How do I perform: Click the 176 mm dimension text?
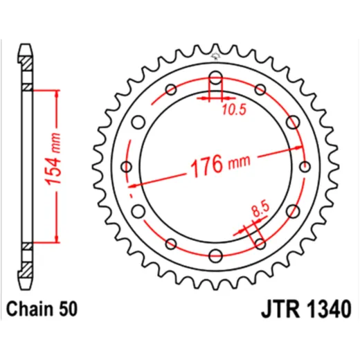220,165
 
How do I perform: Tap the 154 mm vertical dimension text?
53,159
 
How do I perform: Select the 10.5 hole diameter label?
235,109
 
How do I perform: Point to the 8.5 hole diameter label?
261,209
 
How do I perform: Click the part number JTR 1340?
307,309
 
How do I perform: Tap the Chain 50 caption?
42,309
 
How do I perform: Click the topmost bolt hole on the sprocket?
215,78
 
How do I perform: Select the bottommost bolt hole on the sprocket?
215,255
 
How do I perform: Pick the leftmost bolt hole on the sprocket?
127,167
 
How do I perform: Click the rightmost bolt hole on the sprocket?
305,167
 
